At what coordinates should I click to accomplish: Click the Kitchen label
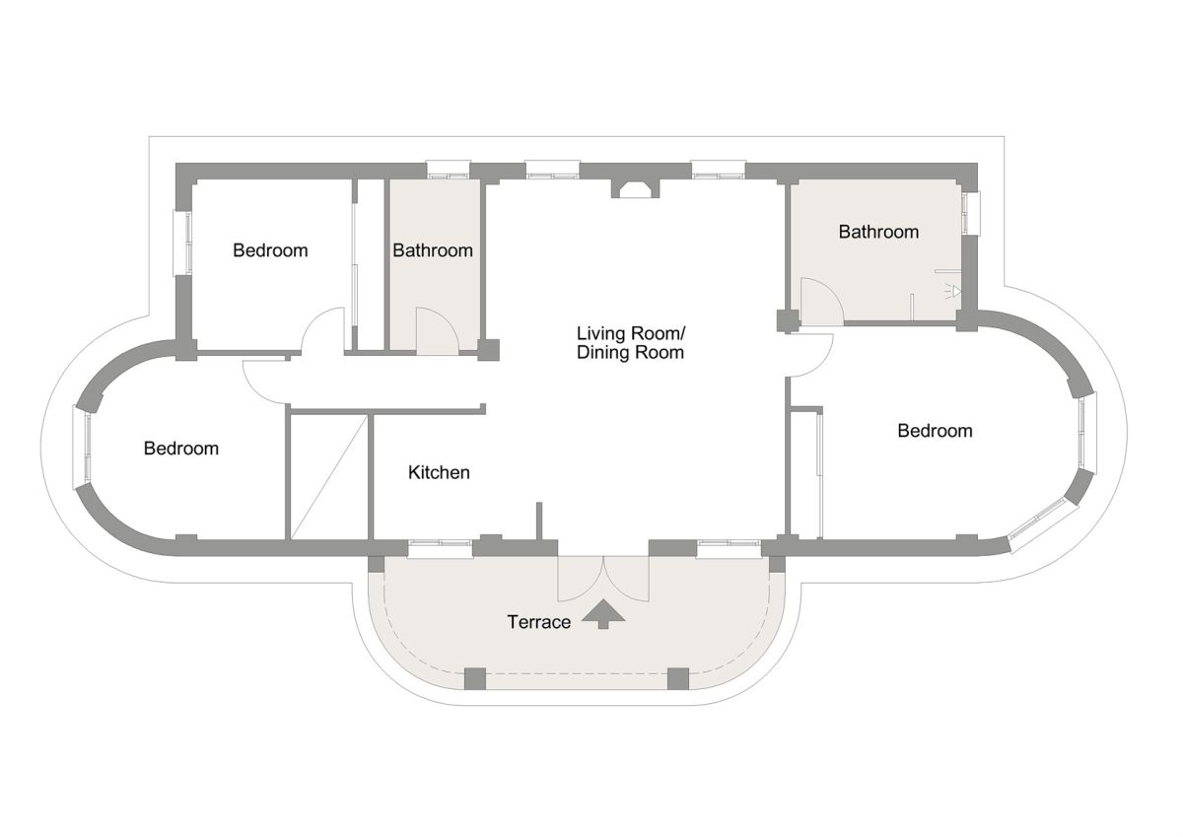click(439, 472)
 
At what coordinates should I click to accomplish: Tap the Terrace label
click(538, 622)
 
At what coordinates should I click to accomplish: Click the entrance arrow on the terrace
click(603, 613)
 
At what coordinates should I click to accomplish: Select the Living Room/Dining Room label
click(631, 343)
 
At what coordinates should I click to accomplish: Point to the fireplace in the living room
click(635, 188)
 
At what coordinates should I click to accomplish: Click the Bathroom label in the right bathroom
click(878, 232)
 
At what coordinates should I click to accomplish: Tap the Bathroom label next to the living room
click(433, 250)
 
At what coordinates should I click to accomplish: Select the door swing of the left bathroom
click(438, 330)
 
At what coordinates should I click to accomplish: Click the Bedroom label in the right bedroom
click(935, 431)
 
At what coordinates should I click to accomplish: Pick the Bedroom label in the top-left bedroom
click(270, 250)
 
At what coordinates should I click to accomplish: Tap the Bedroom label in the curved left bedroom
click(181, 449)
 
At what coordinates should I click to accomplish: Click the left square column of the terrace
click(474, 678)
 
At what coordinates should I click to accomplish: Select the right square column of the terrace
click(678, 678)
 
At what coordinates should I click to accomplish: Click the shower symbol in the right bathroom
click(954, 292)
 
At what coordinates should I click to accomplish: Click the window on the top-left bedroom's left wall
click(182, 243)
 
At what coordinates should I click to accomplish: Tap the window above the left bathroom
click(448, 170)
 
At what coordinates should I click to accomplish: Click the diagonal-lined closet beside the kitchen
click(329, 477)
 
